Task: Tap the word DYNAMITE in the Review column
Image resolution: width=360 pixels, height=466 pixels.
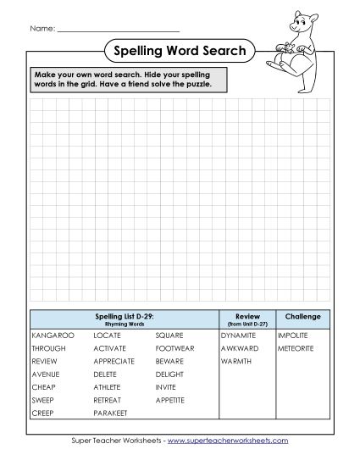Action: coord(238,336)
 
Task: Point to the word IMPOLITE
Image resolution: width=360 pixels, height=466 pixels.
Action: coord(293,336)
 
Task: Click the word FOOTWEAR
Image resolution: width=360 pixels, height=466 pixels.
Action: coord(174,348)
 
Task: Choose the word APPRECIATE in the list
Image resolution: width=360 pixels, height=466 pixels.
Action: coord(114,361)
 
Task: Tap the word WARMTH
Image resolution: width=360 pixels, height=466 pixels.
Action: coord(235,361)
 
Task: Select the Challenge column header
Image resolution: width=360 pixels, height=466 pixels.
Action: coord(302,317)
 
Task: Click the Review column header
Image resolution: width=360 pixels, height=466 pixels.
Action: coord(246,317)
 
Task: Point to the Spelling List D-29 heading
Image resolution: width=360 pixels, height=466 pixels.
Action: coord(124,316)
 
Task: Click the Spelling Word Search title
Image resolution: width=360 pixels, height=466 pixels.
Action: coord(180,52)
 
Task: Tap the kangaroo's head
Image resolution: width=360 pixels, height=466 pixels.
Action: coord(301,21)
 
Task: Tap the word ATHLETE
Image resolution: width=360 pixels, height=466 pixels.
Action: coord(108,386)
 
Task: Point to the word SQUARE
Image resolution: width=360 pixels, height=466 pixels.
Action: coord(169,336)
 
